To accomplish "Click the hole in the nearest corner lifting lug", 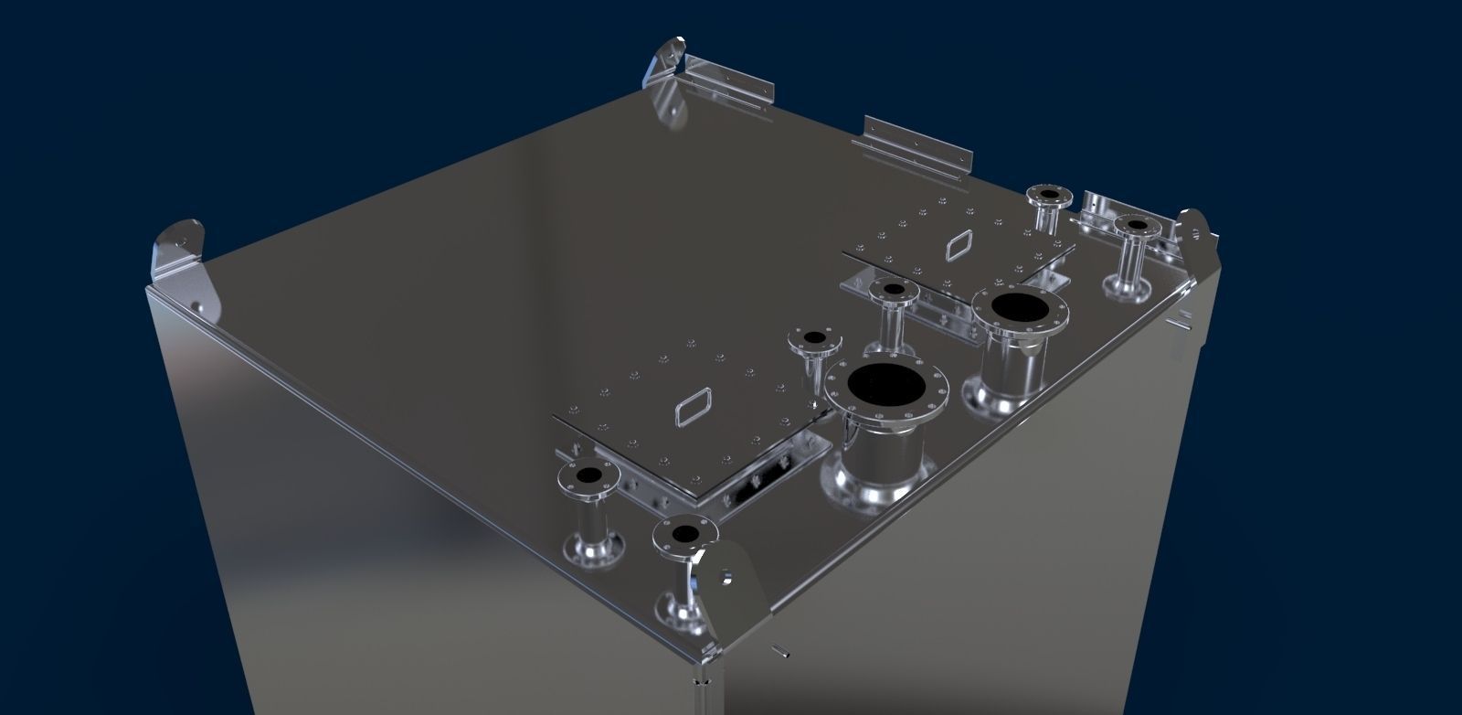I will coord(727,578).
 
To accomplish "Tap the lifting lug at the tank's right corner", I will coord(1198,235).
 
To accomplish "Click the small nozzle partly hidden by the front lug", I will coord(681,567).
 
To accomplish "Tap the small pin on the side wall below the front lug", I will coord(782,650).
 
